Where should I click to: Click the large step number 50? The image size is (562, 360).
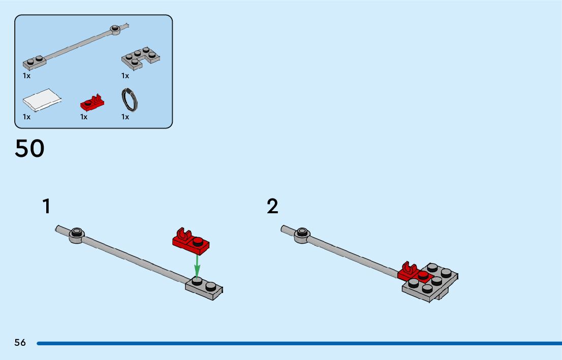(x=30, y=148)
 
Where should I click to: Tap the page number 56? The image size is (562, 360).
(x=20, y=342)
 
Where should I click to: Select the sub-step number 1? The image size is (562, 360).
(x=47, y=206)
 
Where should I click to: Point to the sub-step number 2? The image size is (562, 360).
(x=272, y=206)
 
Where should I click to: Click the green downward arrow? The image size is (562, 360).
(x=197, y=266)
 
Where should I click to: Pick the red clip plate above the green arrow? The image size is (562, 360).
(x=191, y=241)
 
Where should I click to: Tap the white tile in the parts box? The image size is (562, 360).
(x=42, y=100)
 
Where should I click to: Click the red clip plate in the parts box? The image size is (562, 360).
(x=92, y=103)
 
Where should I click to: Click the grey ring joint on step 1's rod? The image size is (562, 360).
(x=76, y=235)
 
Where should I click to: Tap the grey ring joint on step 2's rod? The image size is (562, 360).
(x=302, y=235)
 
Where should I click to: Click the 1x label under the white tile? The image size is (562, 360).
(x=26, y=117)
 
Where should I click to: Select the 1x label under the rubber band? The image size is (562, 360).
(x=125, y=117)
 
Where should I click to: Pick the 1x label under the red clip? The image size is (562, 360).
(x=84, y=117)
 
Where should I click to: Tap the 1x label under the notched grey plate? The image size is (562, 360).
(x=125, y=76)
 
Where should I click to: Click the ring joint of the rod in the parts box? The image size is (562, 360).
(x=115, y=30)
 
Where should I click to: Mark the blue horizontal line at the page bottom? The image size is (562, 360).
(x=299, y=344)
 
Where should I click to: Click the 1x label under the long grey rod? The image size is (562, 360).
(x=26, y=76)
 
